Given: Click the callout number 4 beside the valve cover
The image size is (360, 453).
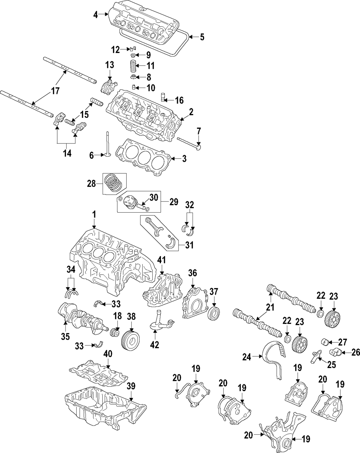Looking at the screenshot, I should pos(95,15).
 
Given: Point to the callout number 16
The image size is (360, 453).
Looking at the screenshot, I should pos(179,100).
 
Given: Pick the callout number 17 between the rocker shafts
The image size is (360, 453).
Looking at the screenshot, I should pos(55,91).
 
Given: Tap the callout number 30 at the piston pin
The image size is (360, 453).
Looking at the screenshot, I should pos(154,197).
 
